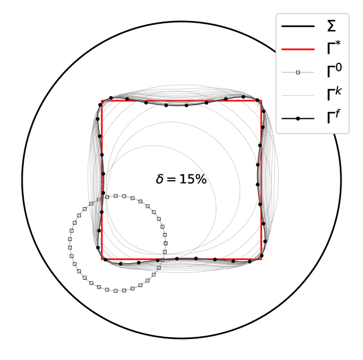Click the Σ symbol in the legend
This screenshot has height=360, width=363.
point(331,26)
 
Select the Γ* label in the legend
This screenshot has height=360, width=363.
point(334,48)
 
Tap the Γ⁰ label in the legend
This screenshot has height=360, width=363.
point(334,70)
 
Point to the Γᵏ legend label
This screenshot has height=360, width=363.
point(334,93)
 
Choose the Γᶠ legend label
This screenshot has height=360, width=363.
point(334,117)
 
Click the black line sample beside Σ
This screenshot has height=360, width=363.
point(298,26)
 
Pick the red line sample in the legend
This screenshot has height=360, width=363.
point(298,49)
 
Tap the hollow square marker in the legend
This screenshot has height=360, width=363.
point(298,72)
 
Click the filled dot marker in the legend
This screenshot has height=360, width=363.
point(298,118)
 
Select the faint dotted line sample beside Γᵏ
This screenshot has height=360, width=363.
point(298,95)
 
